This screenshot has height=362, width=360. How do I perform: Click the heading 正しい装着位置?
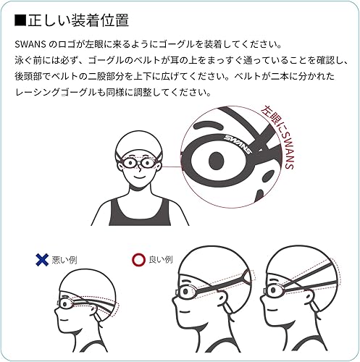coord(72,16)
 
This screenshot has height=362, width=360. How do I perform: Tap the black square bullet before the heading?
coord(20,16)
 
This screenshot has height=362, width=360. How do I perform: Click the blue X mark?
coord(41,259)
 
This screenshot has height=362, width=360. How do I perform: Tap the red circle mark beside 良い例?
coord(136,259)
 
